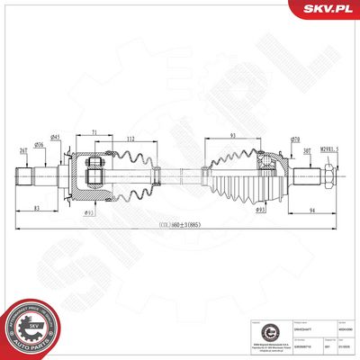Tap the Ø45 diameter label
[x=55, y=137]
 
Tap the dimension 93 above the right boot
[x=233, y=136]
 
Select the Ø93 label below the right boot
[x=260, y=210]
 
